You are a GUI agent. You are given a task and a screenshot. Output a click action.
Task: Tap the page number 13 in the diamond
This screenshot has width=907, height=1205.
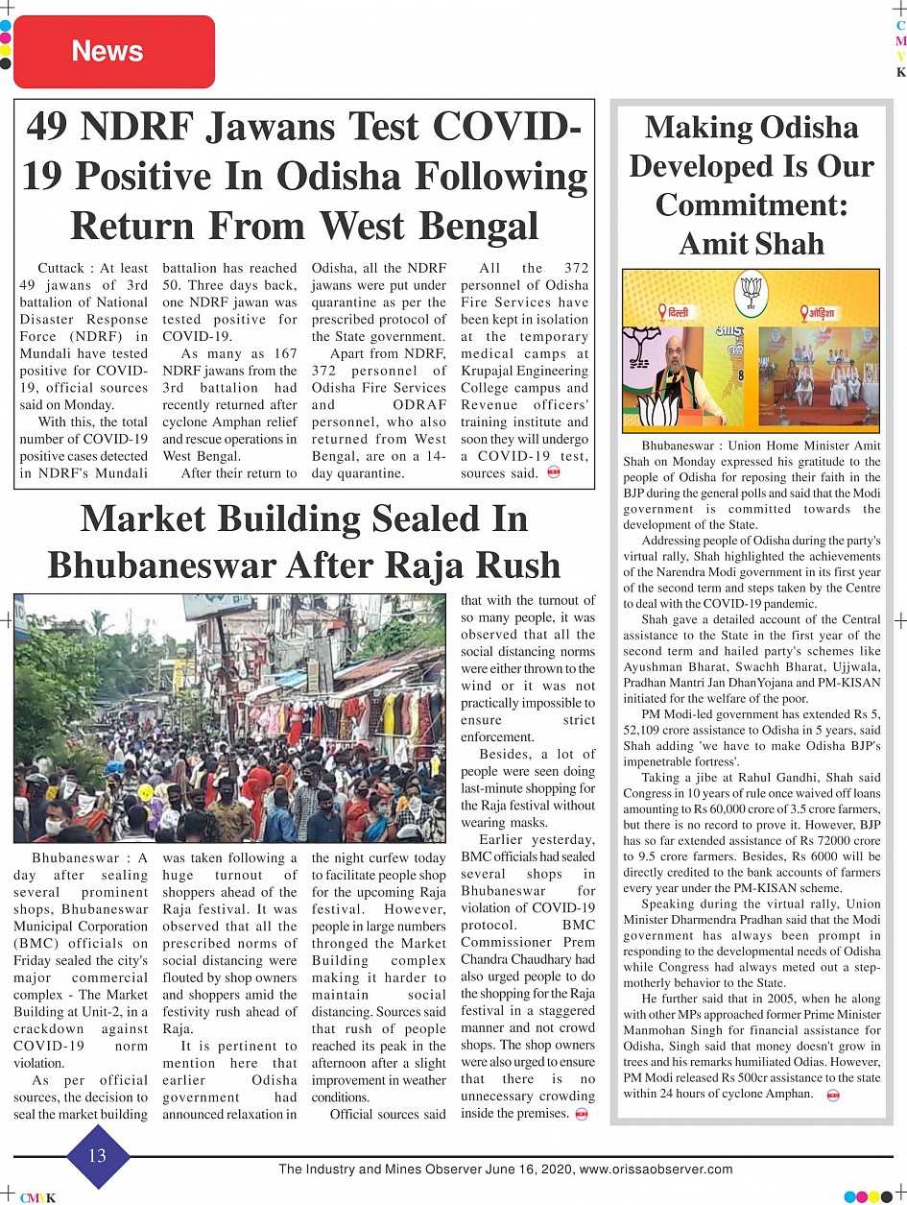pyautogui.click(x=97, y=1156)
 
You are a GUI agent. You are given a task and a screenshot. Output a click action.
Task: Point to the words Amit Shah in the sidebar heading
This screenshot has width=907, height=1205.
pyautogui.click(x=752, y=244)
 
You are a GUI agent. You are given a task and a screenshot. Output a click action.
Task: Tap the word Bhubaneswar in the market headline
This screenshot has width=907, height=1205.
pyautogui.click(x=190, y=565)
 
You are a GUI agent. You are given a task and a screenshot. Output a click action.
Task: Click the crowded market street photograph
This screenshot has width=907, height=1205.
pyautogui.click(x=229, y=719)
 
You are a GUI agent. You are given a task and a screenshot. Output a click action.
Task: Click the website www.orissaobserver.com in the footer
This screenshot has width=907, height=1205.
pyautogui.click(x=656, y=1169)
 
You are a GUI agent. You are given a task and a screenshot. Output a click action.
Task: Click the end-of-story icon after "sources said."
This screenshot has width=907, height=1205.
pyautogui.click(x=553, y=473)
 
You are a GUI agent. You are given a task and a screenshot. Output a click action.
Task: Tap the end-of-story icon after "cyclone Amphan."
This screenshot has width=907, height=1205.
pyautogui.click(x=832, y=1095)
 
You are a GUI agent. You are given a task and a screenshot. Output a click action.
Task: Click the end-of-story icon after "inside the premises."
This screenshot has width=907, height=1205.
pyautogui.click(x=582, y=1114)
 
